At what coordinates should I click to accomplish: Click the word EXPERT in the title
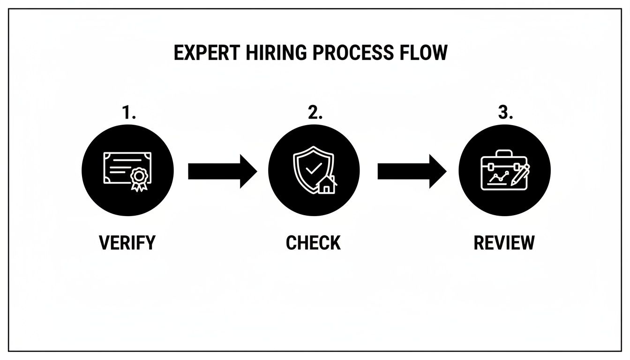(207, 52)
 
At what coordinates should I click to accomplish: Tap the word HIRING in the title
(276, 52)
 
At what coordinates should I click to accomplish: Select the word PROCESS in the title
(352, 52)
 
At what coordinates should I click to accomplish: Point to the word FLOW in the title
(423, 52)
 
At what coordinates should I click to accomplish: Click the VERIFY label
(127, 242)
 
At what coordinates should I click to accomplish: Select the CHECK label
(313, 242)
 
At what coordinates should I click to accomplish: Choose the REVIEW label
(504, 242)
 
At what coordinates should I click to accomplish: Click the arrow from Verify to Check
(223, 171)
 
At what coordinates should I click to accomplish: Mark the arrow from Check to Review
(412, 171)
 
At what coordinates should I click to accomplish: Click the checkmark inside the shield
(314, 168)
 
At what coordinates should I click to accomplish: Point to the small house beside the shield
(327, 185)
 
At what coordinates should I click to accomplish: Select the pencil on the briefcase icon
(520, 175)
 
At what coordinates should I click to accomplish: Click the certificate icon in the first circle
(127, 172)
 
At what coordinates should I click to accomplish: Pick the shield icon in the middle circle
(314, 170)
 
